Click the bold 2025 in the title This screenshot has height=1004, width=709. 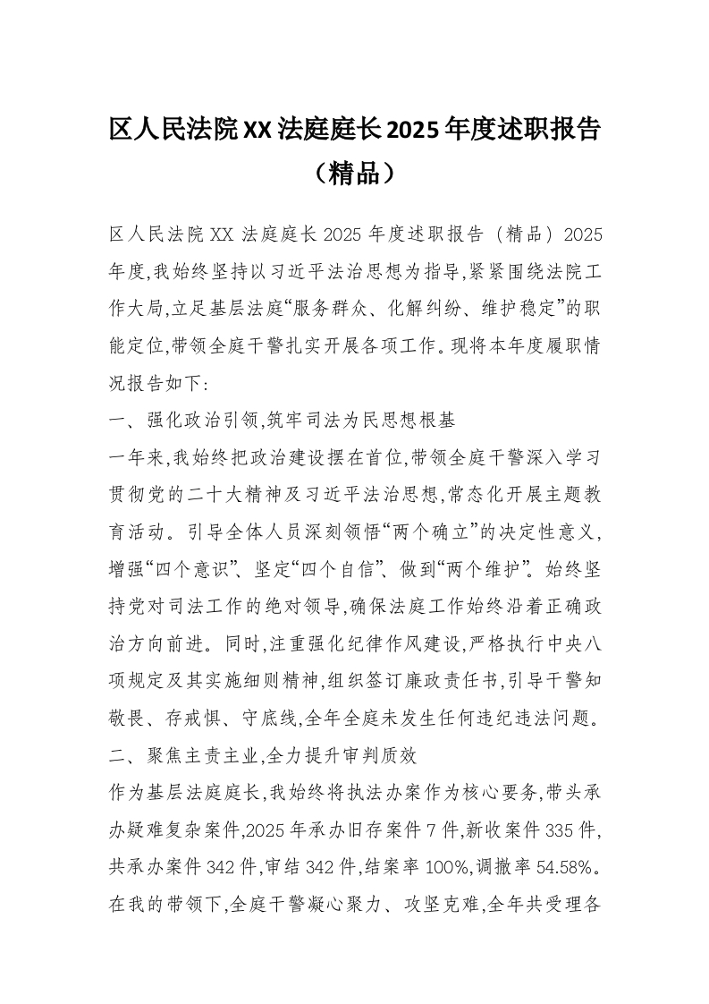click(x=411, y=131)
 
